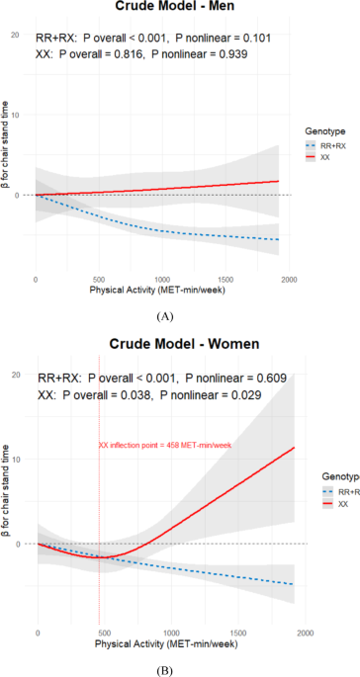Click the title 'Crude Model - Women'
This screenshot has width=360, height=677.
pos(184,344)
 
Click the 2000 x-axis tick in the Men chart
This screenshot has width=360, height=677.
pos(288,281)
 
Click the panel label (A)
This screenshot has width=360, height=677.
pos(166,316)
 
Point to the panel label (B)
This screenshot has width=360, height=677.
pos(166,670)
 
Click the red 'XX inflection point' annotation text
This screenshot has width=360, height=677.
pos(165,445)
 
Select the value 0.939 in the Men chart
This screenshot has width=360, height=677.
pos(232,54)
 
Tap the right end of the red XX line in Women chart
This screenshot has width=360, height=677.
pos(295,448)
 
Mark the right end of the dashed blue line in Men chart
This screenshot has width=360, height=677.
pos(279,239)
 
